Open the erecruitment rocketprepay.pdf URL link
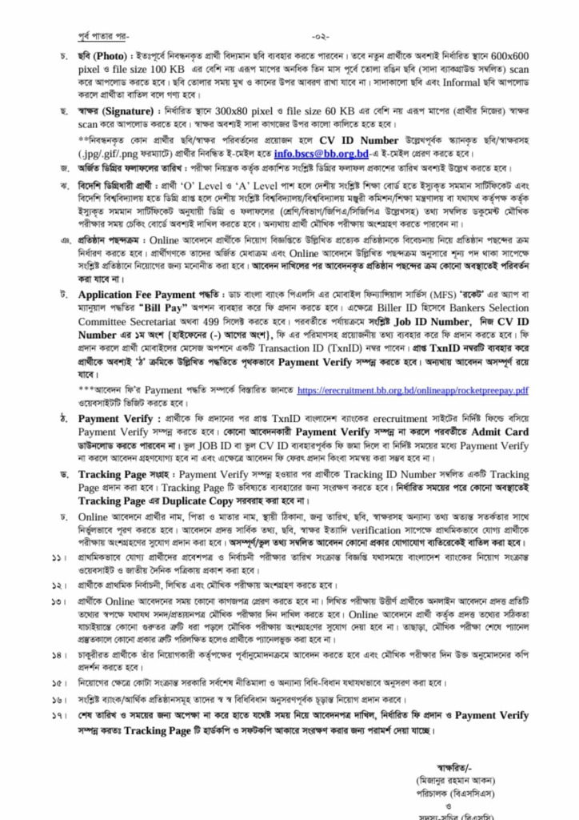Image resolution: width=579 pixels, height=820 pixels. pos(413,389)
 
